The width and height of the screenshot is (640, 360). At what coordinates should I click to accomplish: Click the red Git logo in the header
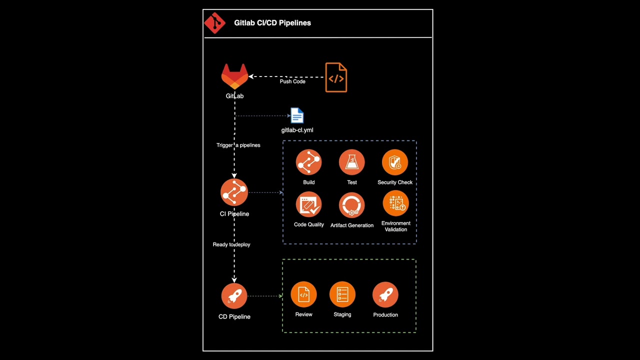pyautogui.click(x=215, y=23)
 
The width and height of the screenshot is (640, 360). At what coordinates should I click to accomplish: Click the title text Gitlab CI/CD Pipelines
pyautogui.click(x=272, y=23)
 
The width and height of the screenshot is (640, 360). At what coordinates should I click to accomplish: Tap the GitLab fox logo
pyautogui.click(x=234, y=76)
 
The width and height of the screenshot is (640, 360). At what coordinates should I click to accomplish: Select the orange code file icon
pyautogui.click(x=336, y=77)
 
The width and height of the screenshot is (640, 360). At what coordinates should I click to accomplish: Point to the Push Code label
pyautogui.click(x=292, y=81)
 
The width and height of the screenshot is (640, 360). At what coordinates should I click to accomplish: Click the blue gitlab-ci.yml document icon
pyautogui.click(x=297, y=116)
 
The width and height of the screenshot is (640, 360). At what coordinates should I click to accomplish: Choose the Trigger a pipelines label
pyautogui.click(x=238, y=145)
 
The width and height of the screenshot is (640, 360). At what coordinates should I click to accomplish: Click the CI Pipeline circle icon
pyautogui.click(x=234, y=192)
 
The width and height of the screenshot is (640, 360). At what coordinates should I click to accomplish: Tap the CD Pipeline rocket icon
pyautogui.click(x=234, y=296)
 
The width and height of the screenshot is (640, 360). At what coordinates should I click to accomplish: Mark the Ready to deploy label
pyautogui.click(x=231, y=244)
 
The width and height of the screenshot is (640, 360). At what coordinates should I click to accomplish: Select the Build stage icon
pyautogui.click(x=308, y=162)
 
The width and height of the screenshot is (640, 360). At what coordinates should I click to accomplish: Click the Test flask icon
pyautogui.click(x=351, y=162)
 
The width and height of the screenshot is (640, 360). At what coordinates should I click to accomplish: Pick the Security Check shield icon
pyautogui.click(x=395, y=162)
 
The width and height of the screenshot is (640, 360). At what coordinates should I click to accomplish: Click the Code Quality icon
pyautogui.click(x=308, y=205)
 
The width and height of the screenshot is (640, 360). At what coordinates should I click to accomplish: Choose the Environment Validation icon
pyautogui.click(x=395, y=204)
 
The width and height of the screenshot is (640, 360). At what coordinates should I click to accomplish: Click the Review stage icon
pyautogui.click(x=303, y=295)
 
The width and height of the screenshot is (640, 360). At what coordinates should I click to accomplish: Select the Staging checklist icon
pyautogui.click(x=342, y=295)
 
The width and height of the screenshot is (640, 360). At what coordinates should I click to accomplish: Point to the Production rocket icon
pyautogui.click(x=385, y=295)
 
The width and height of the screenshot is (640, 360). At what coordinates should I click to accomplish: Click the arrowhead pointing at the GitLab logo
pyautogui.click(x=251, y=76)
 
